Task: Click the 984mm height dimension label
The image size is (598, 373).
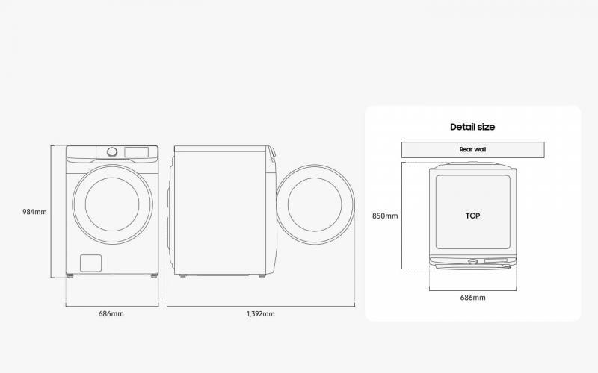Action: [x=34, y=212]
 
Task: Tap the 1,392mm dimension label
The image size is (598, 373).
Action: [x=260, y=313]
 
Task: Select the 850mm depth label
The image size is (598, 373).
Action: [x=385, y=216]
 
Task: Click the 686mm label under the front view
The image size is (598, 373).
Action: [x=111, y=313]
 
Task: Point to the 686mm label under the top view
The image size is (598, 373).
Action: [x=473, y=298]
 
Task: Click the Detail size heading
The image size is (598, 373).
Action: [x=472, y=127]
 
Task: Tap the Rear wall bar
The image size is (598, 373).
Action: [x=473, y=150]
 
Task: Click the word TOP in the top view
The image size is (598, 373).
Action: [x=472, y=216]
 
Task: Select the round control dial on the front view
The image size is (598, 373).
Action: [x=112, y=152]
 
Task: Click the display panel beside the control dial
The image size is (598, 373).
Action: [x=136, y=152]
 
